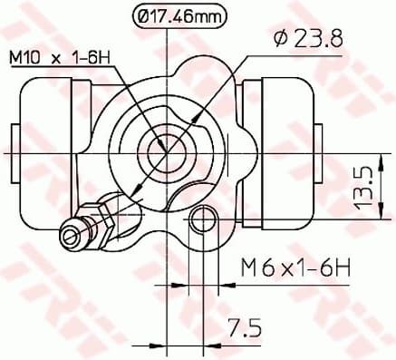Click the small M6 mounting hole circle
(x=203, y=219)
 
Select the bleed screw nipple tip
(x=69, y=236)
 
